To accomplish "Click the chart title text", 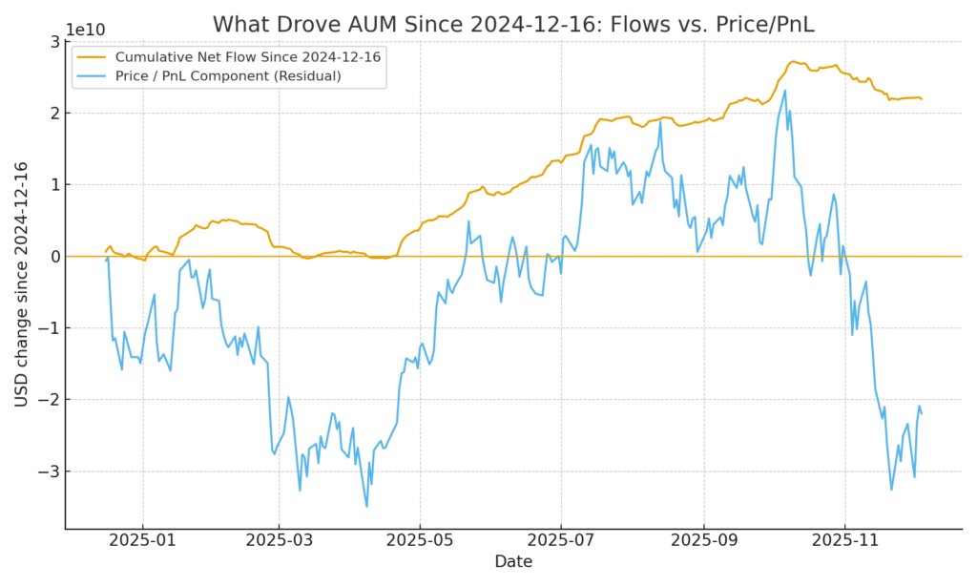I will [513, 24].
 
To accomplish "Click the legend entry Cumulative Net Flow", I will [247, 57].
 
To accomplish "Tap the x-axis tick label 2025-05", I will [420, 540].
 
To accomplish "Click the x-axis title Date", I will [512, 561].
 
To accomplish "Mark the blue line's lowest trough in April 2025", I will [366, 506].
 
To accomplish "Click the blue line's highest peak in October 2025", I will [785, 91].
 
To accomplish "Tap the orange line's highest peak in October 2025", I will [795, 61].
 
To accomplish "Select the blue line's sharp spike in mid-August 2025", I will [660, 121].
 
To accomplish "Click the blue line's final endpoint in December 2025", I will [922, 412].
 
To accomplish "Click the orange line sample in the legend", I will [93, 57].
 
